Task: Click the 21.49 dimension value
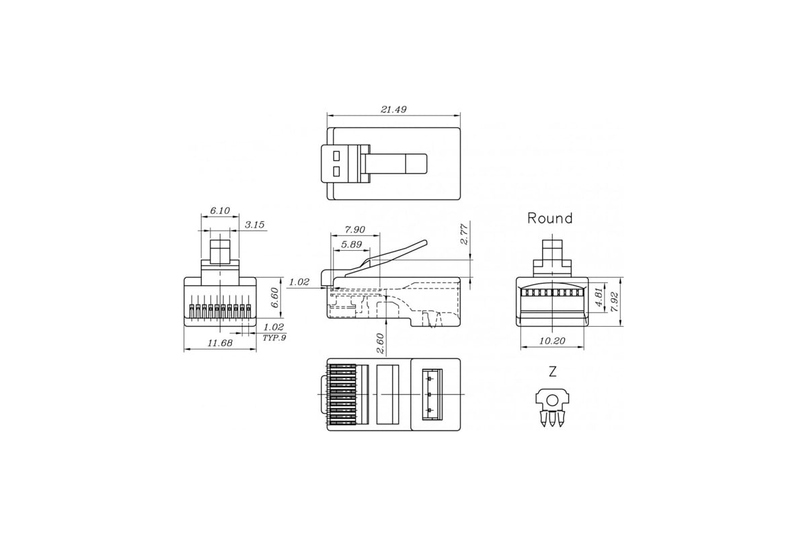(394, 109)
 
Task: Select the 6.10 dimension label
(220, 210)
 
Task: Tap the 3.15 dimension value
(254, 225)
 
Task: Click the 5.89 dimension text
(352, 245)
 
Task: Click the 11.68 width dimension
(220, 344)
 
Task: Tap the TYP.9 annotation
(274, 338)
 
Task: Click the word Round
(549, 218)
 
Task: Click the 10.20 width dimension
(552, 342)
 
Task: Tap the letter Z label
(552, 372)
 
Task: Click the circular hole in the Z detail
(552, 401)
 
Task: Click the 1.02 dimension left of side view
(299, 282)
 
